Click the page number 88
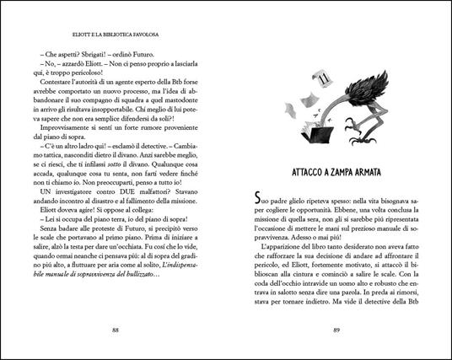point(116,330)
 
